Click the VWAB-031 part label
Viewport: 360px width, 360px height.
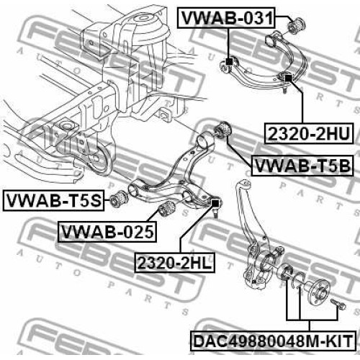227,18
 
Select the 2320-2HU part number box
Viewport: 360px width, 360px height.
309,133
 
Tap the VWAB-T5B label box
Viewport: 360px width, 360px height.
302,166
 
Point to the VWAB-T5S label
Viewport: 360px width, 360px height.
54,201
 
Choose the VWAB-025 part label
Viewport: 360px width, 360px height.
107,232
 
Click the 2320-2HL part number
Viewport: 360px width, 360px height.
174,263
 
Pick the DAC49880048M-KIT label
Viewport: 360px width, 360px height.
273,341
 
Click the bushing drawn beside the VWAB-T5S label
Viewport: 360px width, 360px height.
120,199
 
